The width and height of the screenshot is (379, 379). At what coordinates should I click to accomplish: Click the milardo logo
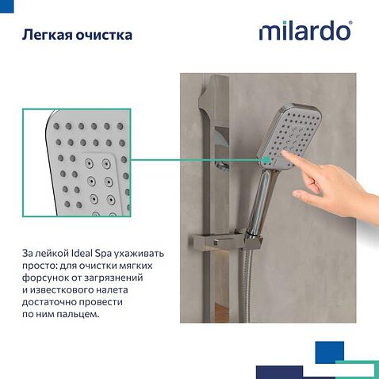click(x=305, y=31)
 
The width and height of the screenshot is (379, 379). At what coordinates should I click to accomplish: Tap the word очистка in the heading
click(x=104, y=35)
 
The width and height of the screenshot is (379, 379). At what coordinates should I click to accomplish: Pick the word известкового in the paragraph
click(x=62, y=290)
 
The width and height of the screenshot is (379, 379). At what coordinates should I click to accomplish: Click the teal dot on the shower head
click(x=267, y=159)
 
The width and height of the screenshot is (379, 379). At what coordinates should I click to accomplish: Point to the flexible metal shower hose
click(x=247, y=286)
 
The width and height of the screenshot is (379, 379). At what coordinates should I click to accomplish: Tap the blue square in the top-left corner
click(x=6, y=6)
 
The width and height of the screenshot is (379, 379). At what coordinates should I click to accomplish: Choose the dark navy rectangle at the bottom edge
click(x=279, y=372)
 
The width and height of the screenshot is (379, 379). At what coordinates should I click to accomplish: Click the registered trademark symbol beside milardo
click(x=350, y=23)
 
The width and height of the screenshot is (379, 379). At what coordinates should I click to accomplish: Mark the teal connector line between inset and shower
click(x=197, y=159)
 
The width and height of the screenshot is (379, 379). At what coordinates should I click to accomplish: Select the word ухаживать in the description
click(x=139, y=254)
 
